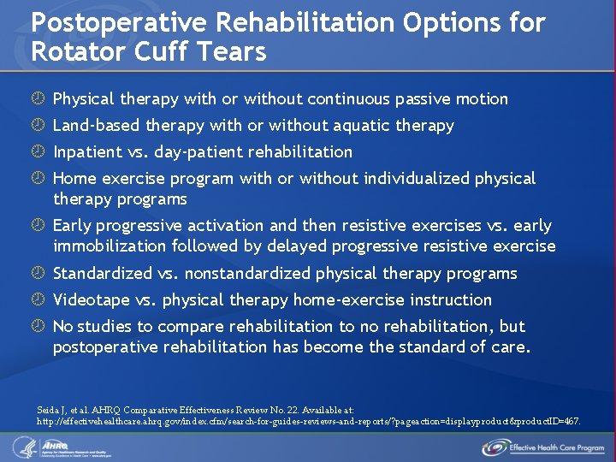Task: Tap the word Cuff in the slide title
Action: click(170, 51)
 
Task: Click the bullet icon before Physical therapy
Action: click(38, 99)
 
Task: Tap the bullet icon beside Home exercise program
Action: click(38, 179)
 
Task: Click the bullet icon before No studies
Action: click(38, 327)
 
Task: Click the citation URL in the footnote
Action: click(308, 422)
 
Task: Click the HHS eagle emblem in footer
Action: click(23, 447)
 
